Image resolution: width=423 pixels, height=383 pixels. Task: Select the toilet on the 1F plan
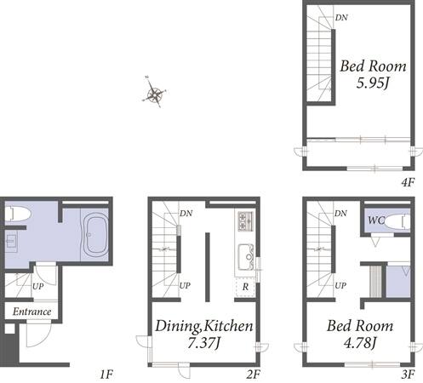tap(17, 214)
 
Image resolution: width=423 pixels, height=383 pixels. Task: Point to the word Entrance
tap(31, 312)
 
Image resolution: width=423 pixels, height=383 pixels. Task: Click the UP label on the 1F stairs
tap(37, 287)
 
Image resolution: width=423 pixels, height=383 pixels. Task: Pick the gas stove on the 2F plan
tap(245, 221)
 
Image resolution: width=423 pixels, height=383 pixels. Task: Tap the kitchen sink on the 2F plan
tap(245, 257)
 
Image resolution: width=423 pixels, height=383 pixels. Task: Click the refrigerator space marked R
tap(245, 287)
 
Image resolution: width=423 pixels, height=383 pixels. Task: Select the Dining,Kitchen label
tap(203, 326)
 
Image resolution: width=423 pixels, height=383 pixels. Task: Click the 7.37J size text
tap(203, 343)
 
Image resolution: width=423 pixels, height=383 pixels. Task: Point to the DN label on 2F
tap(186, 214)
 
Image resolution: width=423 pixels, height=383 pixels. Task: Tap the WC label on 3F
tap(376, 220)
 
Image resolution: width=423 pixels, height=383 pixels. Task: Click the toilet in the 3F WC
tap(397, 222)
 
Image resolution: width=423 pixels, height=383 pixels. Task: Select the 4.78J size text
tap(360, 343)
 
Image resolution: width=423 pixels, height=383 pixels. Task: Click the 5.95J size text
tap(373, 83)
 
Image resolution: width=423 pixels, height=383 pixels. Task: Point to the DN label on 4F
tap(341, 18)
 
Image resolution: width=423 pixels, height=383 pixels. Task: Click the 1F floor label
tap(106, 374)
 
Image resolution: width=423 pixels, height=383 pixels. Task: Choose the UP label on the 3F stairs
tap(340, 285)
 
